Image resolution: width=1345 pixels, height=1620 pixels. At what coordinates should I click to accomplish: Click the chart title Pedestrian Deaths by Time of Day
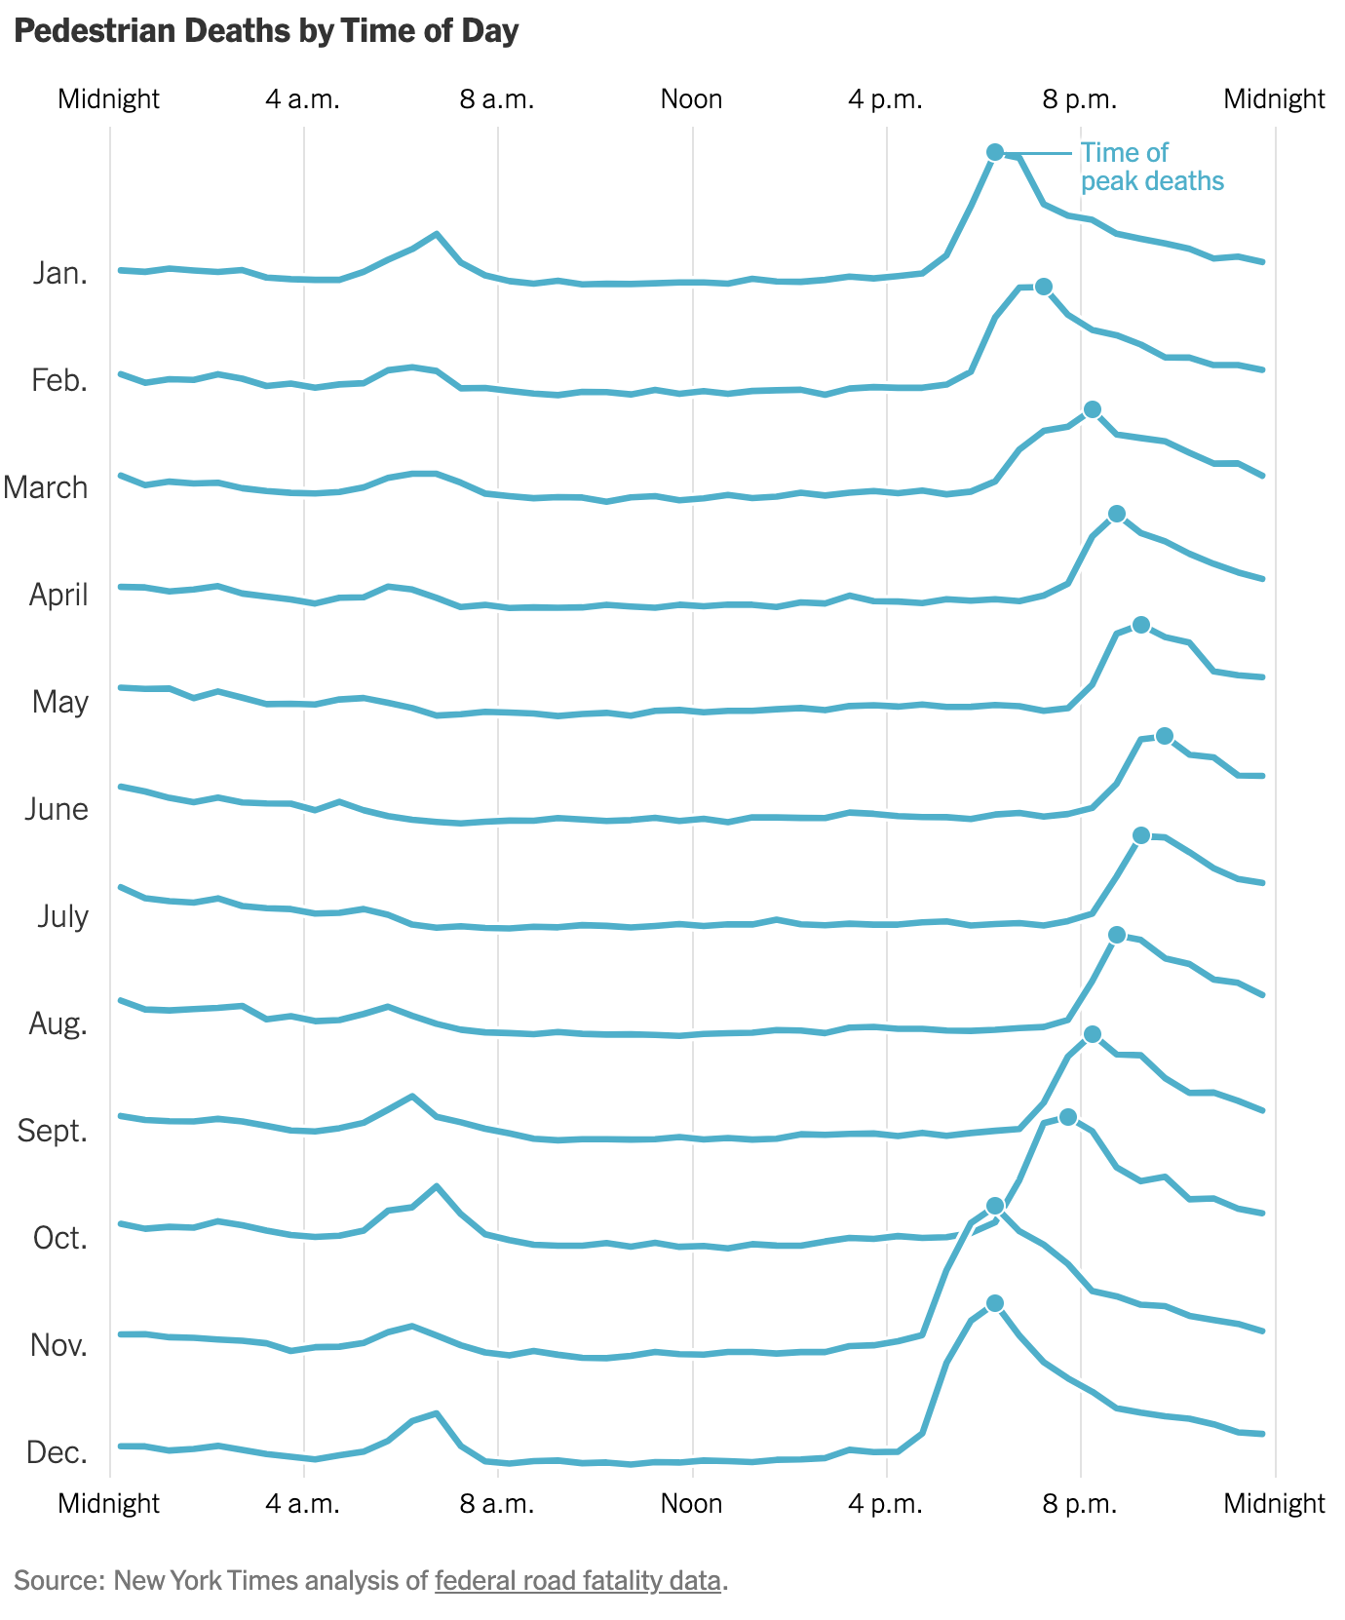pyautogui.click(x=267, y=31)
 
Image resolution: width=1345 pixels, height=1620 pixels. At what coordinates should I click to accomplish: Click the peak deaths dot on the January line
pyautogui.click(x=994, y=151)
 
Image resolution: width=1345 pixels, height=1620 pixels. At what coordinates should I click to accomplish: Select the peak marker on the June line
pyautogui.click(x=1164, y=736)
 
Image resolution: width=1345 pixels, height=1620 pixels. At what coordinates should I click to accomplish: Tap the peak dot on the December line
pyautogui.click(x=994, y=1303)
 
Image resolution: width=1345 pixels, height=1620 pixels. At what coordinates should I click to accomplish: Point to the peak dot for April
pyautogui.click(x=1117, y=514)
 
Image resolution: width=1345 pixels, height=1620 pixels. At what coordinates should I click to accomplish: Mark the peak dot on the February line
pyautogui.click(x=1043, y=286)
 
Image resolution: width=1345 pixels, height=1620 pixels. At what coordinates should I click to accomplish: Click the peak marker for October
pyautogui.click(x=1067, y=1116)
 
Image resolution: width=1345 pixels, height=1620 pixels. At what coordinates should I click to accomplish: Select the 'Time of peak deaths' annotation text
pyautogui.click(x=1151, y=167)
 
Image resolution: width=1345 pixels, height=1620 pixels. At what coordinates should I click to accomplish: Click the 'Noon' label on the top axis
pyautogui.click(x=691, y=99)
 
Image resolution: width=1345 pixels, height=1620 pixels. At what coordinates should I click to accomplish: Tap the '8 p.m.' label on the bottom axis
pyautogui.click(x=1080, y=1503)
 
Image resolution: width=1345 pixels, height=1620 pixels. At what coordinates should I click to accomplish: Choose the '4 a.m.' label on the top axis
pyautogui.click(x=303, y=99)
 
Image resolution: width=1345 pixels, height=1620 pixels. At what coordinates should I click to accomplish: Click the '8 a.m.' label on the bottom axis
pyautogui.click(x=497, y=1503)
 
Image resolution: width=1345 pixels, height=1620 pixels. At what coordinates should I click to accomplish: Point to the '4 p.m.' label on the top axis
pyautogui.click(x=885, y=99)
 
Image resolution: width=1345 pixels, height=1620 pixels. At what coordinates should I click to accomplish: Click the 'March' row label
pyautogui.click(x=46, y=487)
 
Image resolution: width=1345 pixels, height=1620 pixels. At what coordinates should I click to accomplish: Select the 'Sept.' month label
pyautogui.click(x=53, y=1131)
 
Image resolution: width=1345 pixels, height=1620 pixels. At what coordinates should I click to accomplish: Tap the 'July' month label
pyautogui.click(x=62, y=916)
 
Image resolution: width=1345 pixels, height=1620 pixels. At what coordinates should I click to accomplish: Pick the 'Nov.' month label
pyautogui.click(x=58, y=1345)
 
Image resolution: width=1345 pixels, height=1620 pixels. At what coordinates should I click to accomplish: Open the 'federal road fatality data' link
pyautogui.click(x=577, y=1580)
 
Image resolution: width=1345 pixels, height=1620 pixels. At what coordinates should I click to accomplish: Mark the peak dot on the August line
pyautogui.click(x=1117, y=935)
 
